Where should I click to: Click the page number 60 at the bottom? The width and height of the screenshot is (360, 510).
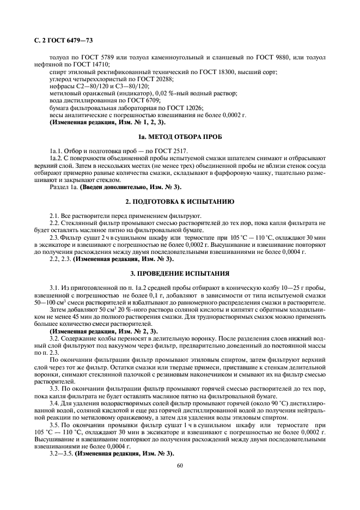(180, 465)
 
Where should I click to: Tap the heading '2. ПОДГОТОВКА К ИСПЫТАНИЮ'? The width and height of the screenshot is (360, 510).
(180, 201)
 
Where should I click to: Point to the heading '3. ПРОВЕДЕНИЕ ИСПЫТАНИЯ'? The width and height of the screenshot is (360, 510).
(180, 272)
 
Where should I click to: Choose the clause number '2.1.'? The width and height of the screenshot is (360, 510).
(54, 216)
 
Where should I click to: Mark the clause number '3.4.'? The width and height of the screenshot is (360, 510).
(54, 403)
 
